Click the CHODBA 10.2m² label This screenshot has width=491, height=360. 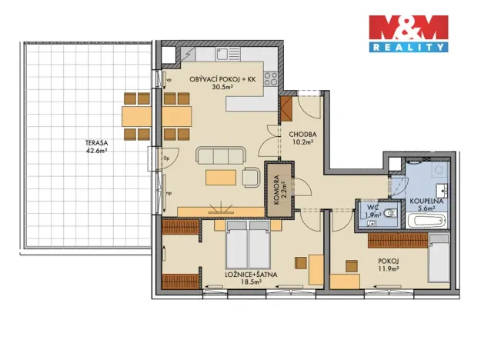coord(304,137)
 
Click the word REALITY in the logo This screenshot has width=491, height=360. coord(408,47)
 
